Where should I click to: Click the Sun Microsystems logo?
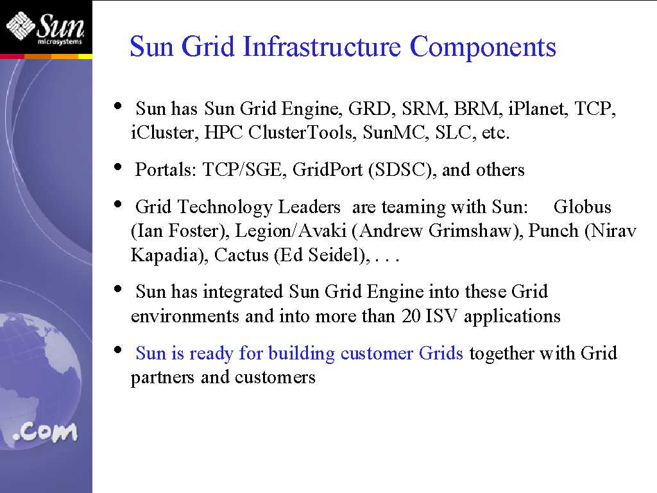point(46,28)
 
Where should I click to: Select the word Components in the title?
point(482,48)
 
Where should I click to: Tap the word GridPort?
point(327,169)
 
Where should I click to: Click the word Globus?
point(583,207)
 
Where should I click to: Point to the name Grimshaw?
point(475,231)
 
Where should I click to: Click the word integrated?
point(243,292)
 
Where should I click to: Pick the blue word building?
point(302,354)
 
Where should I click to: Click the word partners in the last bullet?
point(162,377)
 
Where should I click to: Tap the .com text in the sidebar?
point(45,432)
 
